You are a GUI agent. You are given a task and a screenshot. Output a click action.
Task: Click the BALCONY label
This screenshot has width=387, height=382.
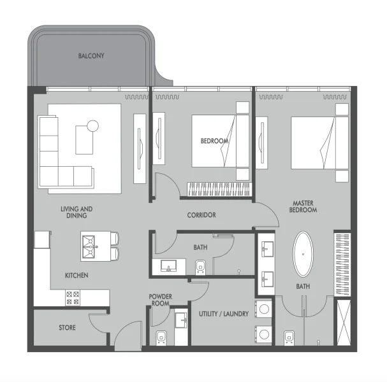(x=91, y=56)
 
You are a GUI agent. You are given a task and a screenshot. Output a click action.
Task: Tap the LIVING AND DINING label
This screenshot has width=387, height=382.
(x=77, y=212)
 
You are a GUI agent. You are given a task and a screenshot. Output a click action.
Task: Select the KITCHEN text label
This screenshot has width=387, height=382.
(x=77, y=276)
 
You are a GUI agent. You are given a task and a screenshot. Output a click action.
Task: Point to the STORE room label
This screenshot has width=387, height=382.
(x=67, y=328)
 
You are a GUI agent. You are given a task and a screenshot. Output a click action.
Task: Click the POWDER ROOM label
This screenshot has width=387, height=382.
(x=161, y=300)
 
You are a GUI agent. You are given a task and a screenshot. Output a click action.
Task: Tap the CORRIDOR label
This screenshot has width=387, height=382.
(x=201, y=215)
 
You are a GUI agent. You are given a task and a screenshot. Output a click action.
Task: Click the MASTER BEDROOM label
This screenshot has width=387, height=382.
(x=302, y=207)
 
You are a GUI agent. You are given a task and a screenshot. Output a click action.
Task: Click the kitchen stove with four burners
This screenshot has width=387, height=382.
(x=73, y=296)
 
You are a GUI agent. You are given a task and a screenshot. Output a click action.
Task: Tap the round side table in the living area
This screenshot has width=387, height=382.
(x=93, y=125)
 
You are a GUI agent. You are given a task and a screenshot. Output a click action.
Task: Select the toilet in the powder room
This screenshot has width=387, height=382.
(x=161, y=338)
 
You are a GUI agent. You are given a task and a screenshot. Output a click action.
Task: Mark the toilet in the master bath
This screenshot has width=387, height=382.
(x=289, y=337)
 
